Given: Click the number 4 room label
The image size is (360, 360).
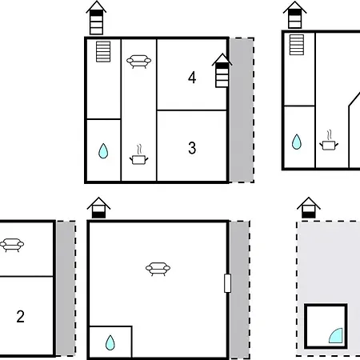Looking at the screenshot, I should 192,78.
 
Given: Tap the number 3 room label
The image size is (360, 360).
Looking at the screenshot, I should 192,148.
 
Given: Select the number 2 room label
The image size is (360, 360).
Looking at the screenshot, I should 20,316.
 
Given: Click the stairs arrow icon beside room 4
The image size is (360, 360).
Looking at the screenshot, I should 222,71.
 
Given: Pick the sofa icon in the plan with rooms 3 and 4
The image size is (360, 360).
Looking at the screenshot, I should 139,61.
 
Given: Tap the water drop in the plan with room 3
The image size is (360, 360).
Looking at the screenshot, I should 103,150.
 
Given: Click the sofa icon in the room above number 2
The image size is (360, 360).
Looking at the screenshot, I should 11,245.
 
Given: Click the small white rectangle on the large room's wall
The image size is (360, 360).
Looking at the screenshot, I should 227,283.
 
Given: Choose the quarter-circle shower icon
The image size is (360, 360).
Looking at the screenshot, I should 337,334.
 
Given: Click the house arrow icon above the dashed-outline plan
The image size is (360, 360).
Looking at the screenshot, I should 307,208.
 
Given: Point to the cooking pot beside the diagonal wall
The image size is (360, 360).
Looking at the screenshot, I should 329,142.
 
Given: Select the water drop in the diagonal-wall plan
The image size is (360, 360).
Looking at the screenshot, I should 296,142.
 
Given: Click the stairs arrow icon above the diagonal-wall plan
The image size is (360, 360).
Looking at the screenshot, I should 295,16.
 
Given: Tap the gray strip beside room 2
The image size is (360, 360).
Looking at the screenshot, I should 66,288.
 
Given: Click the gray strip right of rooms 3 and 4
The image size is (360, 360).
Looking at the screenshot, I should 242,110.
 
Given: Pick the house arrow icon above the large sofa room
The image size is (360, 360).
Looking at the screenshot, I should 98,207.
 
